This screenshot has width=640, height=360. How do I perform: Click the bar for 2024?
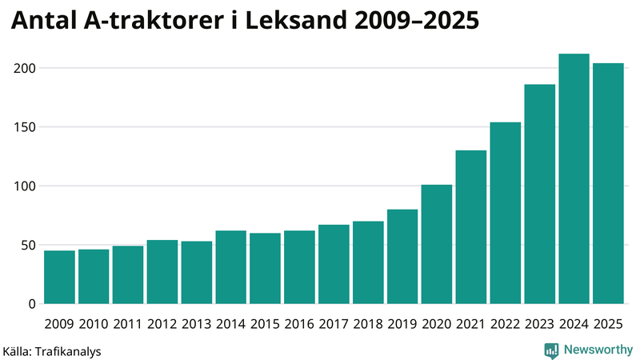pyautogui.click(x=574, y=179)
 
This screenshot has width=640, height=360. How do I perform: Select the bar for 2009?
pyautogui.click(x=59, y=277)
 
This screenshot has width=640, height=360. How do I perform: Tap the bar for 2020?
pyautogui.click(x=437, y=244)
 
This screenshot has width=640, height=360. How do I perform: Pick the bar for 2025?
pyautogui.click(x=608, y=183)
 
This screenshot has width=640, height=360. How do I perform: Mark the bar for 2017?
pyautogui.click(x=334, y=264)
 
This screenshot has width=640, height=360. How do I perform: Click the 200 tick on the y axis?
pyautogui.click(x=26, y=68)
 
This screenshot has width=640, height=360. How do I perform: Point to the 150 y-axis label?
pyautogui.click(x=26, y=127)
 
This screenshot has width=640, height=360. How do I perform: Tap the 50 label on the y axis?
pyautogui.click(x=30, y=245)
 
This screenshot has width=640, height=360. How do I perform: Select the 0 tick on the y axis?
pyautogui.click(x=33, y=304)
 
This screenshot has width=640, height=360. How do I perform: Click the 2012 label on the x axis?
pyautogui.click(x=162, y=323)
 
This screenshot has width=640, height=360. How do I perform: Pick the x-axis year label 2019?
pyautogui.click(x=402, y=323)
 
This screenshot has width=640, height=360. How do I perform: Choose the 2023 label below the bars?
pyautogui.click(x=540, y=323)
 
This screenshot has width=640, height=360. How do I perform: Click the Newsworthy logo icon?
pyautogui.click(x=551, y=350)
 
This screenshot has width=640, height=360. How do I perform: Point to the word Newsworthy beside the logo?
pyautogui.click(x=599, y=350)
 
